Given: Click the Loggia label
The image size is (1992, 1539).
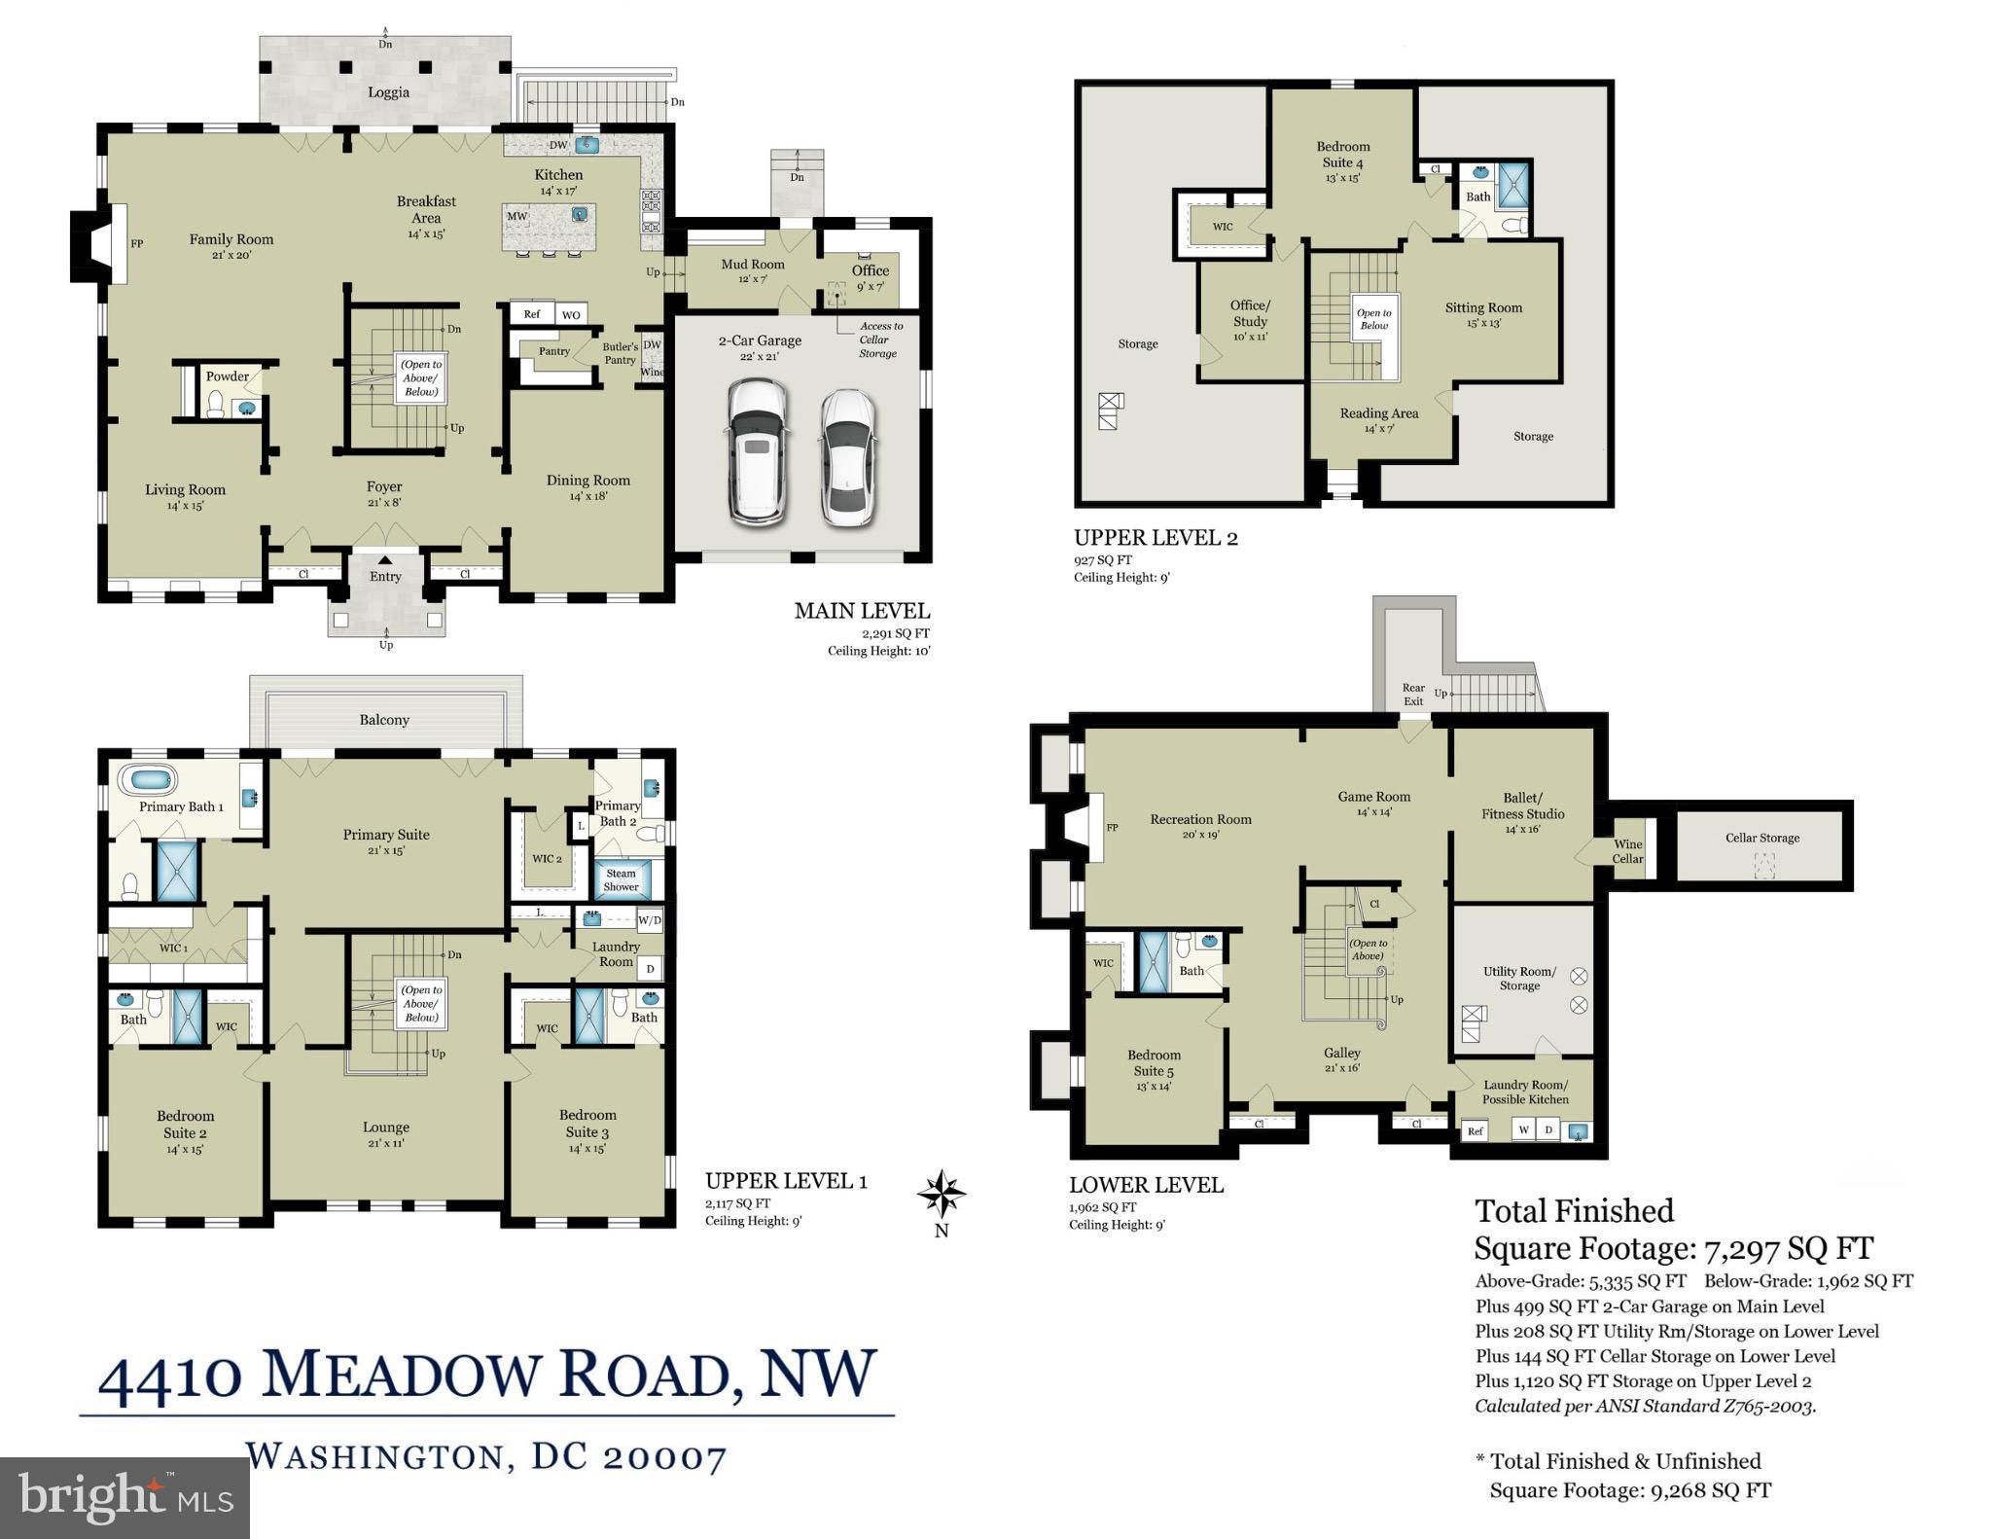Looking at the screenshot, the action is (388, 92).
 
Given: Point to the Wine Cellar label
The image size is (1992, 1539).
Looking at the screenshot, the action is (1627, 851).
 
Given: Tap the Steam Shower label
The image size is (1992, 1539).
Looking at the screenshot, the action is (621, 879).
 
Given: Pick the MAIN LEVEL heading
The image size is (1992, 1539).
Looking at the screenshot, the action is (862, 611).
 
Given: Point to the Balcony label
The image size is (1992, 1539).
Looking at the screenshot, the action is (384, 720).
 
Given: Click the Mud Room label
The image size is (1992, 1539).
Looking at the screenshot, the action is (753, 264).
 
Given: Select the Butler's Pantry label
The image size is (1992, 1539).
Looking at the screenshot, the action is (621, 353).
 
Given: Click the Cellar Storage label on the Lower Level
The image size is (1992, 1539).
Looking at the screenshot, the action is (1762, 838).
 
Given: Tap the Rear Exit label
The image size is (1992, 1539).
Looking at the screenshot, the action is (1413, 695).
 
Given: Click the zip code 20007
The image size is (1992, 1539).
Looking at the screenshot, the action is (664, 1457).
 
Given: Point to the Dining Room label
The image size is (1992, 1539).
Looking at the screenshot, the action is (588, 480).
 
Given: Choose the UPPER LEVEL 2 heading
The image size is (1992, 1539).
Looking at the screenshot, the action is (1156, 538).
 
